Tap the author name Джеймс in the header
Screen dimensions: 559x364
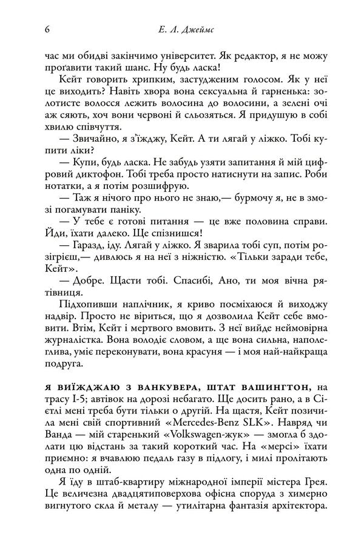[x=198, y=28]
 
